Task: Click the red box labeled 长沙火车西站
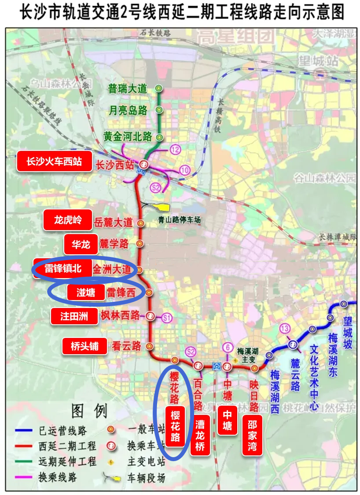(x=54, y=161)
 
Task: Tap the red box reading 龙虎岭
(x=68, y=220)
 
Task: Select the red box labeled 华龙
(x=81, y=244)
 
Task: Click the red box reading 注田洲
(x=74, y=316)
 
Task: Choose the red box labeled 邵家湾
(x=252, y=435)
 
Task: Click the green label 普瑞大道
(x=127, y=88)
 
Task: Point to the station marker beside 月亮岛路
(x=159, y=110)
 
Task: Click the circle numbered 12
(x=176, y=150)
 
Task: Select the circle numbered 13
(x=285, y=328)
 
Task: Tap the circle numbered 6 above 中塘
(x=228, y=347)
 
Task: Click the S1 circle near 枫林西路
(x=166, y=317)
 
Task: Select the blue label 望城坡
(x=348, y=330)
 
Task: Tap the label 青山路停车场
(x=179, y=220)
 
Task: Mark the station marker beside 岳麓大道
(x=140, y=223)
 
